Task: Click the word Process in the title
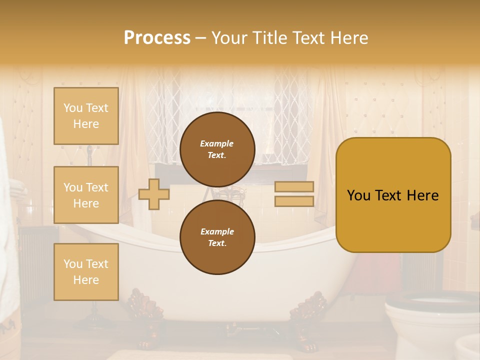[157, 38]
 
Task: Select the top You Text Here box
[86, 116]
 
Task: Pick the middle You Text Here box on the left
[86, 195]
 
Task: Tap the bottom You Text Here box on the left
[86, 271]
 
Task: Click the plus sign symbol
[153, 194]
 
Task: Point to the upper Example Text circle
[217, 149]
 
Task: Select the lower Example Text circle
[217, 237]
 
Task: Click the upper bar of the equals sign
[294, 187]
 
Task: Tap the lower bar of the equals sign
[294, 201]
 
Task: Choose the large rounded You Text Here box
[393, 195]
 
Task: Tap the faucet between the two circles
[230, 192]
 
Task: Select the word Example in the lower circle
[217, 231]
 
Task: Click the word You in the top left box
[73, 108]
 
